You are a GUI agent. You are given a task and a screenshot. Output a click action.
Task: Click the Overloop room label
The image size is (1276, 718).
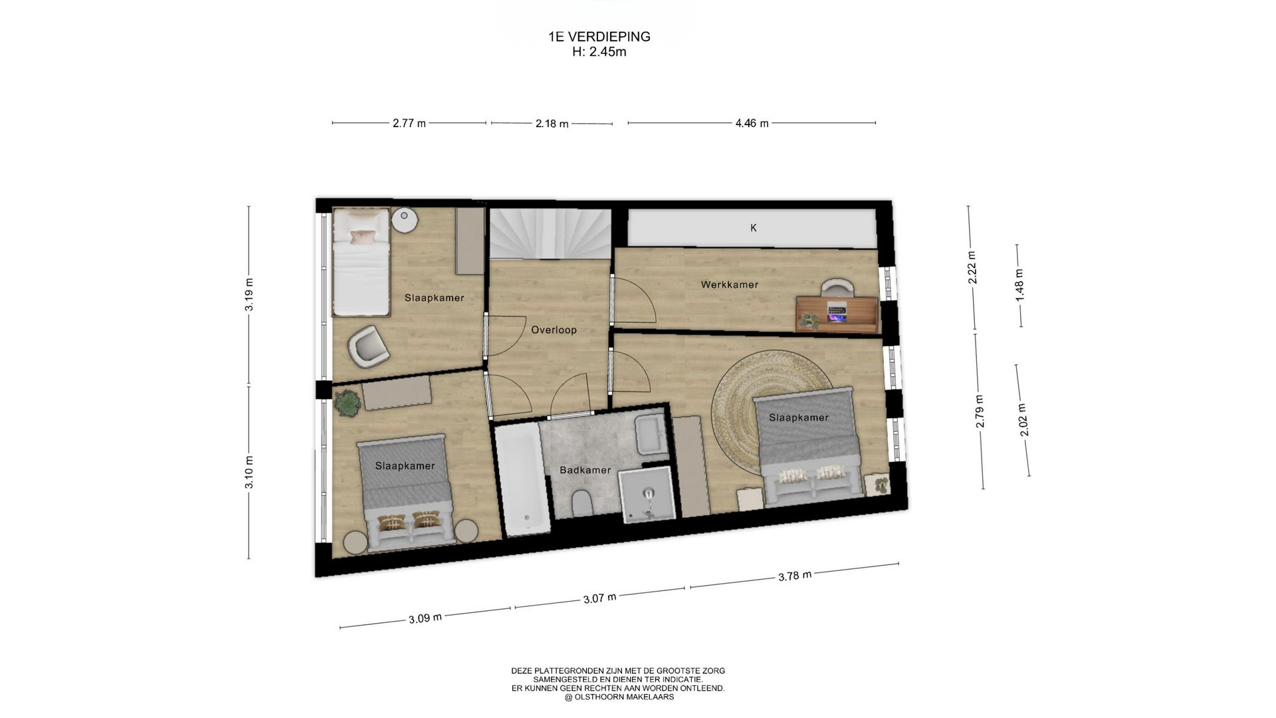[x=554, y=330]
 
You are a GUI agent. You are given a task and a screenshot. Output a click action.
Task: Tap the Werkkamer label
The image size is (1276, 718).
[x=729, y=285]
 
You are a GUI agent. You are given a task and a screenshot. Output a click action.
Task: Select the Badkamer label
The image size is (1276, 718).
[x=585, y=470]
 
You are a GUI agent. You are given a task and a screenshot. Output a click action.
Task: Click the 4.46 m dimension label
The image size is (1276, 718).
[x=752, y=123]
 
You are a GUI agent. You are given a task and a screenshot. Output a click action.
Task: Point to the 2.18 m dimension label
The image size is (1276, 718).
[x=552, y=123]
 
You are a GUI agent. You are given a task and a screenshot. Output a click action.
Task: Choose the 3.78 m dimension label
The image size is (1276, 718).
[x=795, y=576]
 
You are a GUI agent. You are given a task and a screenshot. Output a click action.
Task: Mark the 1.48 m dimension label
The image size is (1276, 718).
[x=1019, y=284]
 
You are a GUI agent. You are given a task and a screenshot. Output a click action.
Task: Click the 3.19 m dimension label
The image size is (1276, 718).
[x=249, y=295]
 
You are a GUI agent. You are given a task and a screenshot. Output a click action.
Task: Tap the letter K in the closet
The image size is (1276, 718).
[x=754, y=228]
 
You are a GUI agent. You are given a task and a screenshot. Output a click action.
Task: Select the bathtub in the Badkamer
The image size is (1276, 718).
[x=523, y=478]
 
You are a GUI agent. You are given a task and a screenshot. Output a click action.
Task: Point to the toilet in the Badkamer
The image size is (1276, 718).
[x=582, y=503]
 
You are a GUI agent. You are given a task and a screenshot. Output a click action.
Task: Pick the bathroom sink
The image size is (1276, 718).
[x=649, y=434]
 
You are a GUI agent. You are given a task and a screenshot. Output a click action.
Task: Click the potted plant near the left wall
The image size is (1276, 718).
[x=346, y=404]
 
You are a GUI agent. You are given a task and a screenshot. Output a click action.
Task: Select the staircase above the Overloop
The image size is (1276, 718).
[x=550, y=234]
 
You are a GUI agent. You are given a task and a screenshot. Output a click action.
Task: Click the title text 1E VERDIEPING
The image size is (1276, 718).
[x=599, y=37]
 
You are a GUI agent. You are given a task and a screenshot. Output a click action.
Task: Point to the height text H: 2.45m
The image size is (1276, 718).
[x=599, y=52]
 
